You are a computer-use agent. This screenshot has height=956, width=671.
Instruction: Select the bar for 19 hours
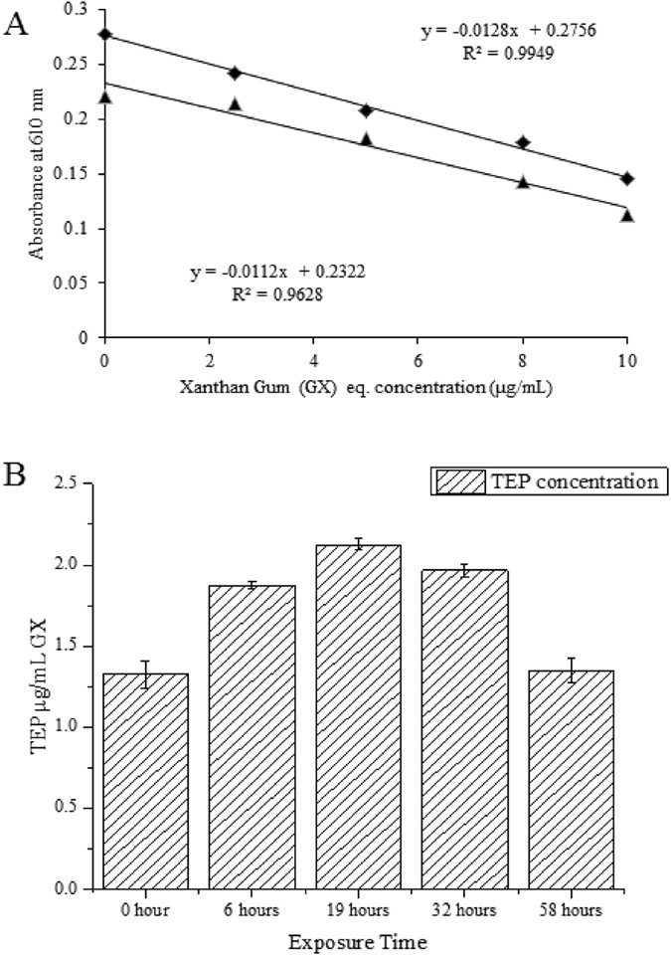tap(359, 716)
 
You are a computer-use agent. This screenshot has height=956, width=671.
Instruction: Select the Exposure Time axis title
tap(359, 941)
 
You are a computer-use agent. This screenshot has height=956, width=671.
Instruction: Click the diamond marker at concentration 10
tap(627, 178)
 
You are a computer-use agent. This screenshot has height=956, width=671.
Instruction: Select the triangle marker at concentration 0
tap(105, 96)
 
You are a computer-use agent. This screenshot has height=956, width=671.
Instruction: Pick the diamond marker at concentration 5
tap(366, 110)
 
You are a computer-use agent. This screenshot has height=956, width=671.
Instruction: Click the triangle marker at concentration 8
tap(523, 181)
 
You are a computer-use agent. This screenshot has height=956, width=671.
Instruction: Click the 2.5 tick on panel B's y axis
tap(75, 484)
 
